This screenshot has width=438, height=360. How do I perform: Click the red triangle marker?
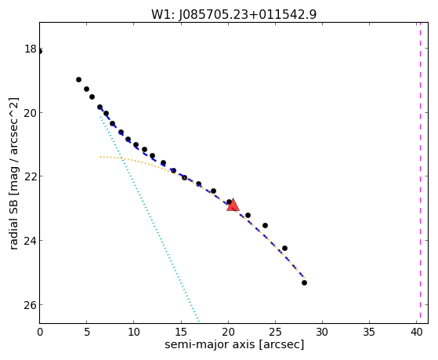[x=233, y=205]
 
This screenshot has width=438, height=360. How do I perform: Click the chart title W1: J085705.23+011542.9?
[x=233, y=14]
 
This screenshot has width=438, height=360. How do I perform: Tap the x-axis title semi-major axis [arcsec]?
[x=234, y=344]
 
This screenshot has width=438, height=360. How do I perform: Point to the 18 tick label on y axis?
[x=31, y=49]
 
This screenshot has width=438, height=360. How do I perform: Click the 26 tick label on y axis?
[x=31, y=304]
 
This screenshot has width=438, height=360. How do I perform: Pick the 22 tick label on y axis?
[x=31, y=176]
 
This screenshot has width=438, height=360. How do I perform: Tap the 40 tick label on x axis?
[x=417, y=332]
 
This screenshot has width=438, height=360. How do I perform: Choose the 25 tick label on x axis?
[x=275, y=332]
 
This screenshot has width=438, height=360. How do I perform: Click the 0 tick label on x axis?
[x=40, y=332]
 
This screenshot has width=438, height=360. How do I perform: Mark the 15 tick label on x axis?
[x=181, y=332]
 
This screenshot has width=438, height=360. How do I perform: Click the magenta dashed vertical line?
[x=420, y=173]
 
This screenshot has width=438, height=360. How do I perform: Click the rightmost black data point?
[x=304, y=283]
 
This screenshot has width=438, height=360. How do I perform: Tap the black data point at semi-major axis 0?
[x=40, y=52]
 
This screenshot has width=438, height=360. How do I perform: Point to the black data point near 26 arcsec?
[x=284, y=248]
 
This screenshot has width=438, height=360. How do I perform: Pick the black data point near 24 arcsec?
[x=265, y=225]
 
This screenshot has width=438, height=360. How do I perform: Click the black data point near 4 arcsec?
[x=79, y=80]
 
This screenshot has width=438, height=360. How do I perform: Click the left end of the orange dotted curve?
[x=100, y=157]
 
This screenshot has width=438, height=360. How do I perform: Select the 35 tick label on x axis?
[x=369, y=332]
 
